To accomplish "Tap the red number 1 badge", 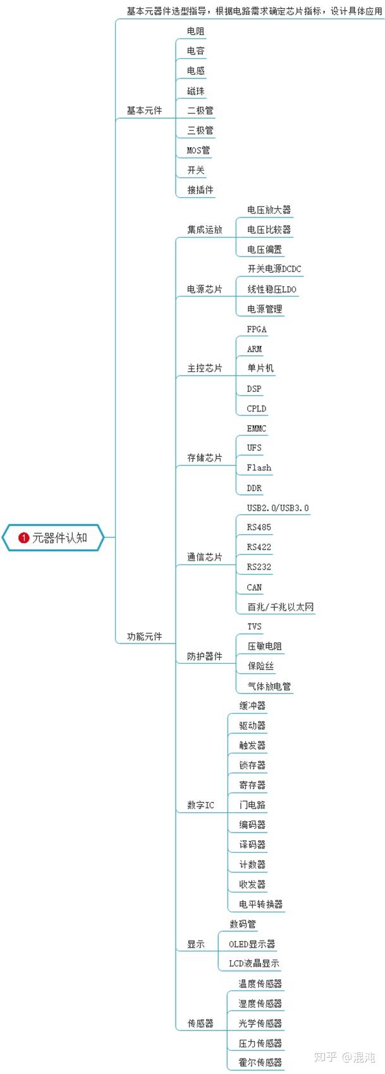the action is pyautogui.click(x=24, y=538).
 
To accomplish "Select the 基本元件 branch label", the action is pyautogui.click(x=144, y=111).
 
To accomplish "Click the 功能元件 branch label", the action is pyautogui.click(x=144, y=637).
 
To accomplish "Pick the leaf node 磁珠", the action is pyautogui.click(x=196, y=91).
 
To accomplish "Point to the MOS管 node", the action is pyautogui.click(x=199, y=150).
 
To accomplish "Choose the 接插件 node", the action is pyautogui.click(x=200, y=190).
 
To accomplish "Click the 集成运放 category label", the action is pyautogui.click(x=205, y=229).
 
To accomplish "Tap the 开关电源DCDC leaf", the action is pyautogui.click(x=274, y=269).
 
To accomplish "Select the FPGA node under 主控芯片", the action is pyautogui.click(x=257, y=329).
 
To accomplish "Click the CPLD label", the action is pyautogui.click(x=257, y=408).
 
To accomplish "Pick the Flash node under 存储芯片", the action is pyautogui.click(x=259, y=468).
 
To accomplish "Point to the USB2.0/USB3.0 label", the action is pyautogui.click(x=278, y=508).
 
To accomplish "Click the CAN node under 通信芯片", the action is pyautogui.click(x=254, y=587).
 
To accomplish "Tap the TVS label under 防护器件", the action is pyautogui.click(x=254, y=626).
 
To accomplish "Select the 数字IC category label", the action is pyautogui.click(x=200, y=805).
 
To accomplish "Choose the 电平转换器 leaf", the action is pyautogui.click(x=261, y=905).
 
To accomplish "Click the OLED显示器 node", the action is pyautogui.click(x=252, y=944).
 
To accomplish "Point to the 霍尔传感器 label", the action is pyautogui.click(x=260, y=1063).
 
